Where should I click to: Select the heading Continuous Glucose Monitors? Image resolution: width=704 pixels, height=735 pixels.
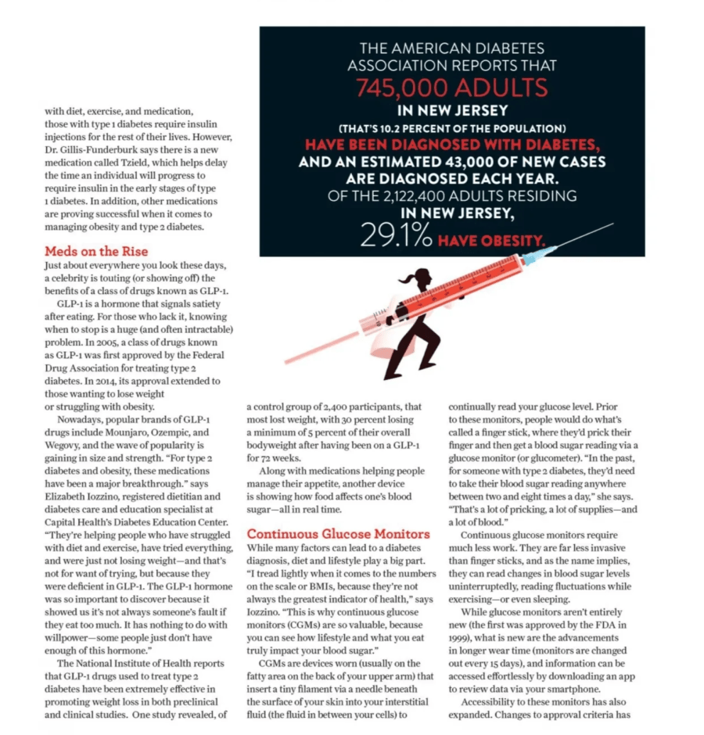[x=338, y=534]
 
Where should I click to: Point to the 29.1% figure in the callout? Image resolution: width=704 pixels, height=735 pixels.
[x=397, y=236]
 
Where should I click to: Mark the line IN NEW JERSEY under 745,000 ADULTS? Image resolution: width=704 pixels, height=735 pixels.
[x=452, y=110]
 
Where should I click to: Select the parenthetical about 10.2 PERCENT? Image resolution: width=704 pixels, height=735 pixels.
[x=452, y=127]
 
